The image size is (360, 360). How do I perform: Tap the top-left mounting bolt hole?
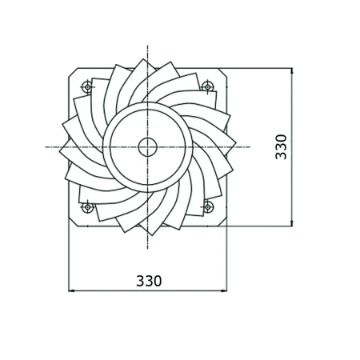[x=87, y=86]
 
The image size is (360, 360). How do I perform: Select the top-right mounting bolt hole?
[x=207, y=86]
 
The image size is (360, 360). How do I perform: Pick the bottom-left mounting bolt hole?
[x=87, y=207]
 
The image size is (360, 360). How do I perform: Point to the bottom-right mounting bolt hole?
[x=208, y=207]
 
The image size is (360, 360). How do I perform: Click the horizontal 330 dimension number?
[x=149, y=281]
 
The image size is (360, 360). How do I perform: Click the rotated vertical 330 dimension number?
[x=281, y=147]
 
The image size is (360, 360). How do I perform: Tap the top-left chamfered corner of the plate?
[x=73, y=73]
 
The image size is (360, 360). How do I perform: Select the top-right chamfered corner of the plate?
[x=222, y=73]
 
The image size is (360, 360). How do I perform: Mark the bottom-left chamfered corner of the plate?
[x=73, y=222]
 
